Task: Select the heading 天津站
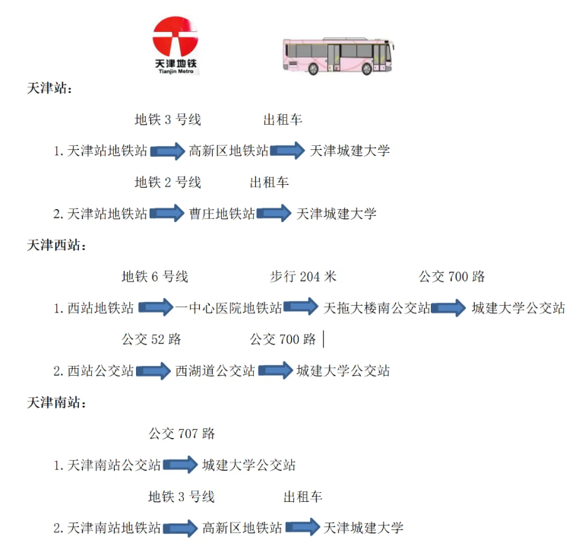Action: (x=49, y=89)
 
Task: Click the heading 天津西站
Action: (x=56, y=245)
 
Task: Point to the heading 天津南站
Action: (x=56, y=402)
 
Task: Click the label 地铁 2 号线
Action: (x=168, y=183)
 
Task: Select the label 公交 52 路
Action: (x=151, y=339)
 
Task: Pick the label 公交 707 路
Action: (x=182, y=434)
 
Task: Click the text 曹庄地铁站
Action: (x=222, y=214)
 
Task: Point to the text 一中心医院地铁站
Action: (x=229, y=308)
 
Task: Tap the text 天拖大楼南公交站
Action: (x=377, y=308)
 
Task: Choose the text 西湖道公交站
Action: (x=215, y=371)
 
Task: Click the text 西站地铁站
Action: (x=100, y=308)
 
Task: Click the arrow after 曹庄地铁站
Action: (x=274, y=214)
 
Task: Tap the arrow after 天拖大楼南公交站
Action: (x=448, y=308)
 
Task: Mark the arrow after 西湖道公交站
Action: (x=275, y=371)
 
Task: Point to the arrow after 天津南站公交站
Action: (x=181, y=465)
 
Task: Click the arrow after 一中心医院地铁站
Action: (x=301, y=308)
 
